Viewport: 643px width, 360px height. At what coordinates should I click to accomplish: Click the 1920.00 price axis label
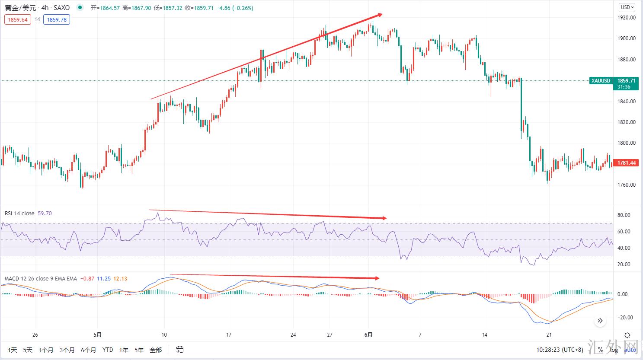coord(626,18)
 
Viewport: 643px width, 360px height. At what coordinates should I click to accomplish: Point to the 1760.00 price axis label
coord(626,185)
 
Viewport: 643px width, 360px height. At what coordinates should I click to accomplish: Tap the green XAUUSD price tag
coord(601,81)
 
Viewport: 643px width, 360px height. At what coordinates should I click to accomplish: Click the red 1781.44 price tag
coord(626,163)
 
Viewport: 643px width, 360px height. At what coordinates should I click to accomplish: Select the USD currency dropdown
coord(627,7)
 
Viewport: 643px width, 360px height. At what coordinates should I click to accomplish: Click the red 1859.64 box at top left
coord(18,19)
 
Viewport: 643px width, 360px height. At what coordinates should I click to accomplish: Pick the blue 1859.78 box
coord(56,19)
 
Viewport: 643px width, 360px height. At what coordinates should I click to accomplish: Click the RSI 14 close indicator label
coord(19,213)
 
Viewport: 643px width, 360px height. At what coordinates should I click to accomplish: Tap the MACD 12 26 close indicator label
coord(41,279)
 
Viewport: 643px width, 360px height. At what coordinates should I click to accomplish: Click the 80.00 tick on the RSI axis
coord(624,215)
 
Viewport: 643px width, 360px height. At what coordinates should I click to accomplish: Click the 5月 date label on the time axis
coord(98,335)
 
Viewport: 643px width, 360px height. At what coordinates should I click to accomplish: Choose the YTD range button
coord(108,350)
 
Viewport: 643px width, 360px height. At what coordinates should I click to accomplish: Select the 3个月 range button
coord(67,350)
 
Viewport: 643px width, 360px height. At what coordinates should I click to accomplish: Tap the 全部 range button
coord(156,350)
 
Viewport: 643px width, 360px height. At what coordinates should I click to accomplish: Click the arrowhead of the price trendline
coord(380,15)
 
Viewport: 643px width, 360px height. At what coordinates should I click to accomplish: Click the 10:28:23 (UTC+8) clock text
coord(560,350)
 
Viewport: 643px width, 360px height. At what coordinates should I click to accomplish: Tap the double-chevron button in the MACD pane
coord(600,321)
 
